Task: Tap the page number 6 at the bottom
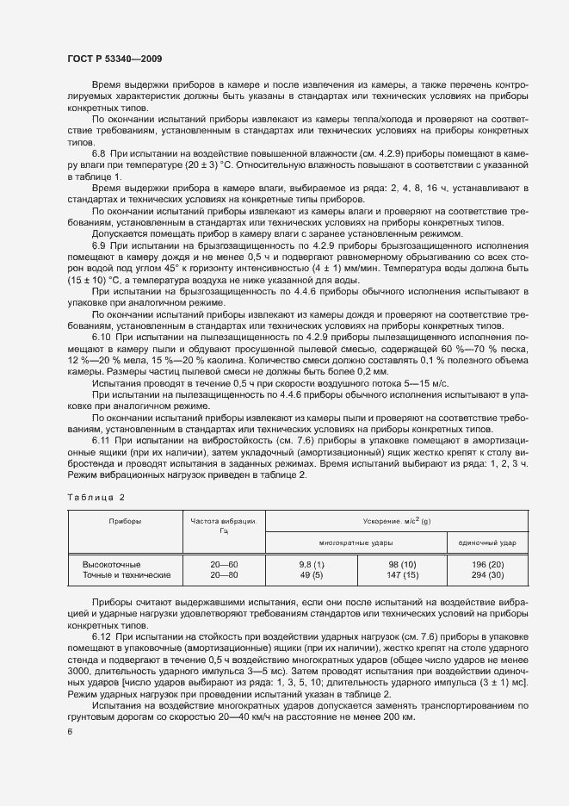pos(70,731)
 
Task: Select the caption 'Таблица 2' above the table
pos(96,498)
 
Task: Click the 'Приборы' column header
pos(125,522)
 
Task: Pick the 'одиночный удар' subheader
pos(486,544)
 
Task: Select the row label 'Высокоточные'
pos(111,563)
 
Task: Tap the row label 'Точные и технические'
pos(127,574)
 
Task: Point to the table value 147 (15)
pos(401,574)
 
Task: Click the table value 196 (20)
pos(486,563)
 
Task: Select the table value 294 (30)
pos(486,574)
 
